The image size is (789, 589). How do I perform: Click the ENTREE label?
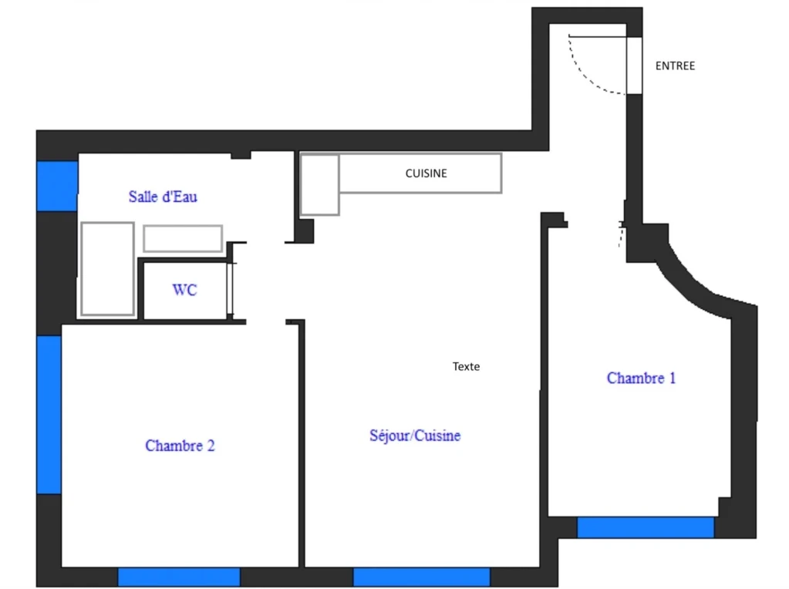tap(675, 66)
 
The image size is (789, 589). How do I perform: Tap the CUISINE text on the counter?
tap(426, 173)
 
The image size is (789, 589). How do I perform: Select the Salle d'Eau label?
tap(163, 196)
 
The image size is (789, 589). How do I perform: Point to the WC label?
tap(184, 290)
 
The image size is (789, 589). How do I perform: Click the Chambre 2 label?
tap(180, 445)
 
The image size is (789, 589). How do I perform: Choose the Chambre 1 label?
tap(641, 378)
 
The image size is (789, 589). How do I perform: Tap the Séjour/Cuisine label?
tap(415, 435)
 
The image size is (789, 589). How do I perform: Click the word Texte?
tap(466, 366)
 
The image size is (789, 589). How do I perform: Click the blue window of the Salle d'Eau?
tap(57, 186)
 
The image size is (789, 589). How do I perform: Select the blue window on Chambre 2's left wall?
tap(49, 415)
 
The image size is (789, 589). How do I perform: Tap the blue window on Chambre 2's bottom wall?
tap(179, 577)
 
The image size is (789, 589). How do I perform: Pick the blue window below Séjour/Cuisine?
tap(421, 577)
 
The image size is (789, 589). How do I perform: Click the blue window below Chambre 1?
tap(645, 527)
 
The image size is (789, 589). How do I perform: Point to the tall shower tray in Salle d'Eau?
tap(107, 268)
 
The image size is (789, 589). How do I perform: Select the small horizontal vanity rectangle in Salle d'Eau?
tap(183, 238)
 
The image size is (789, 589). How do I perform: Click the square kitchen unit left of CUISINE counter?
tap(319, 185)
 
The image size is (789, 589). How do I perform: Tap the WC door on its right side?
tap(230, 288)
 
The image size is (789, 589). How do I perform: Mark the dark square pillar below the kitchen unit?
tap(304, 231)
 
